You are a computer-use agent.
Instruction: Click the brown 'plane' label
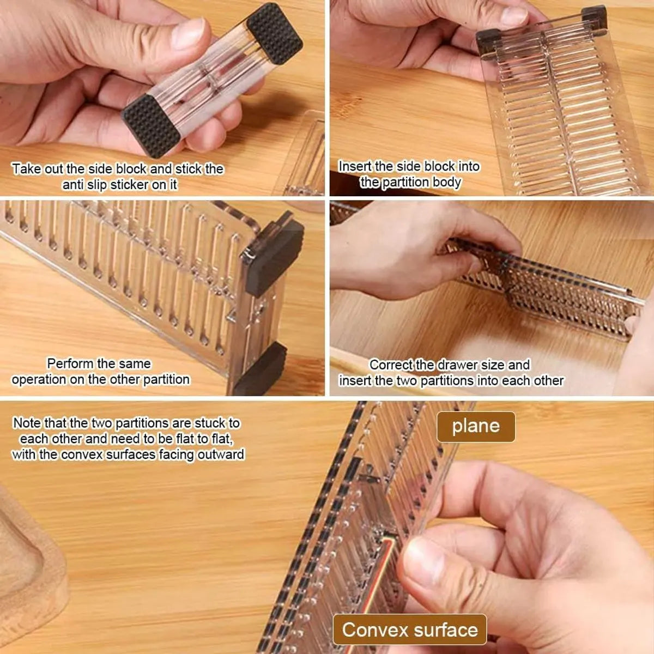click(x=475, y=426)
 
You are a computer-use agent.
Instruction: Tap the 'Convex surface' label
click(x=410, y=630)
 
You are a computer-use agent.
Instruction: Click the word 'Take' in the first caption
click(x=26, y=168)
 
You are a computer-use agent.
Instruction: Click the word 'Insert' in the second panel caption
click(x=355, y=166)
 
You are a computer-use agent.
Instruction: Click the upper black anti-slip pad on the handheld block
click(x=275, y=34)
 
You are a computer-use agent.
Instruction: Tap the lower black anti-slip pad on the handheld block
click(x=151, y=125)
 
